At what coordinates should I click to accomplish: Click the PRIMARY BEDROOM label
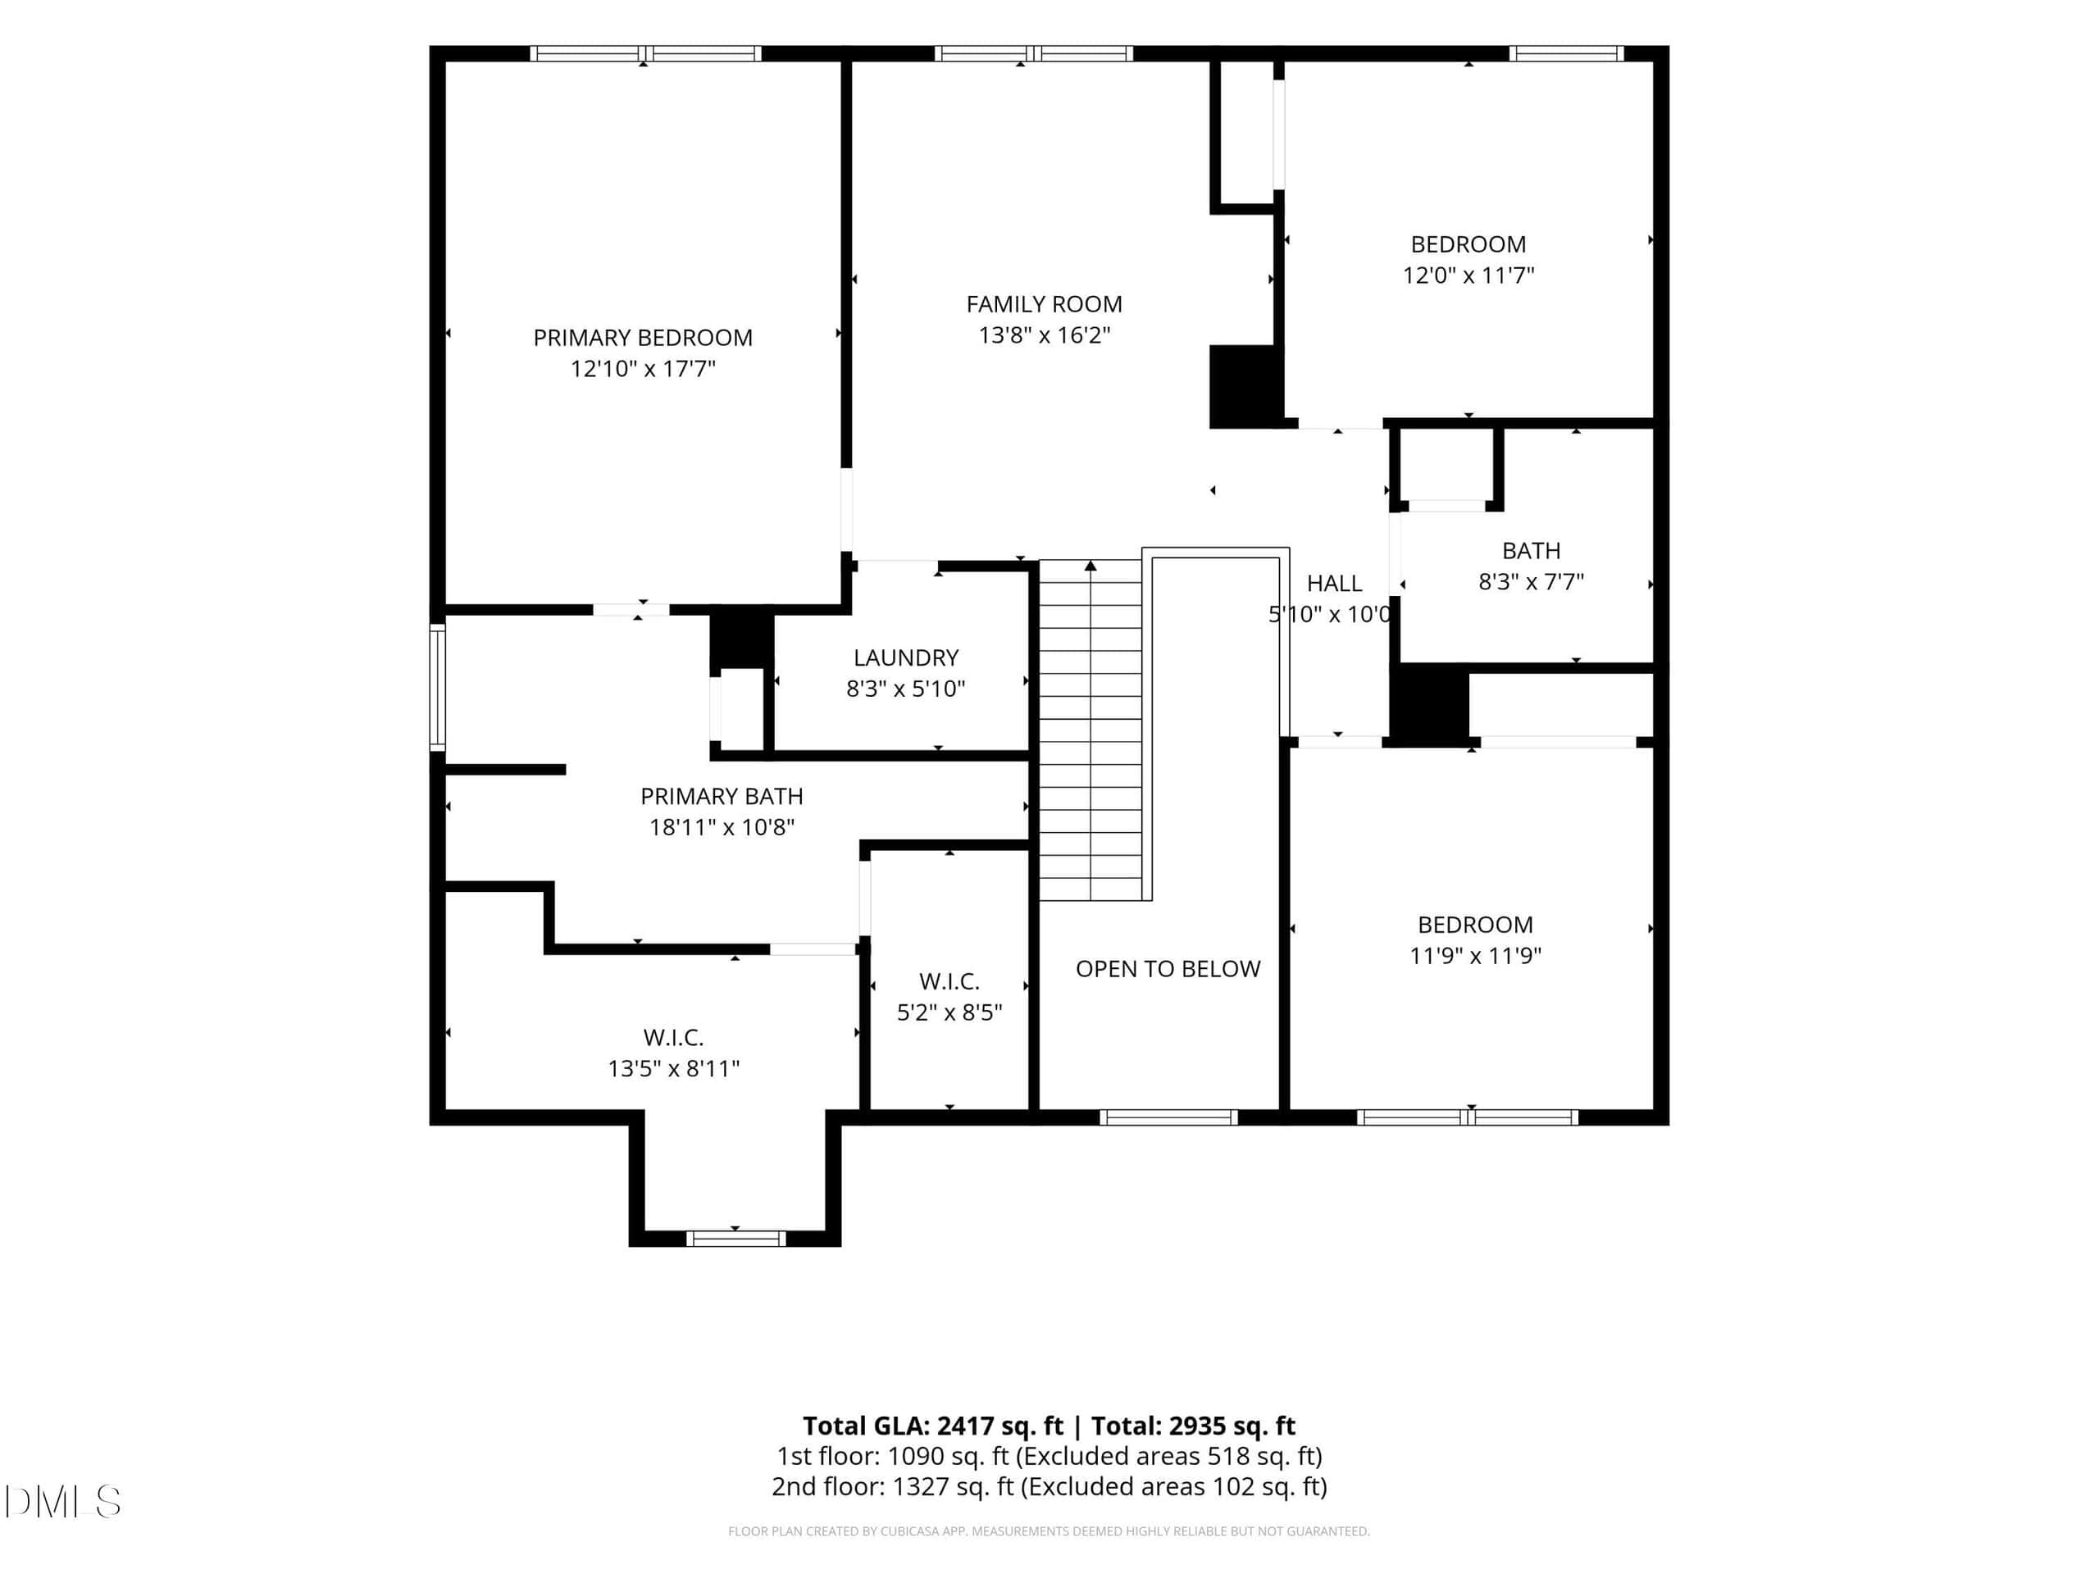click(643, 338)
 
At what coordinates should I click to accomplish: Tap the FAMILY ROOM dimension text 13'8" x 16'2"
click(1044, 335)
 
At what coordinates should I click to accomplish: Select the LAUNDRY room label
click(905, 657)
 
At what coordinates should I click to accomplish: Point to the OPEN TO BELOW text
click(1168, 969)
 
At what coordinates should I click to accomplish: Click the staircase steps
click(1090, 730)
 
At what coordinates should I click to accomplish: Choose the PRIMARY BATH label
click(722, 796)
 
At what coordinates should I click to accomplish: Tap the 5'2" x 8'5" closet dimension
click(949, 1012)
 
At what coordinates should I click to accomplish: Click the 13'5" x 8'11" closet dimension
click(673, 1068)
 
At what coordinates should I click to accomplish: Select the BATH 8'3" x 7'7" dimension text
click(1531, 581)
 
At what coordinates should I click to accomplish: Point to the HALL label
click(1334, 584)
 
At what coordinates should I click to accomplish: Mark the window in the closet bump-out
click(735, 1238)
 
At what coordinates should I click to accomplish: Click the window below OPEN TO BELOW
click(1168, 1117)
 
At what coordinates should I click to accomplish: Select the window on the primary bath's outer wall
click(438, 687)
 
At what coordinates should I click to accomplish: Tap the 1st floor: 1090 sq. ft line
click(1049, 1456)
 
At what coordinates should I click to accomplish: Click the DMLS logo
click(62, 1501)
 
